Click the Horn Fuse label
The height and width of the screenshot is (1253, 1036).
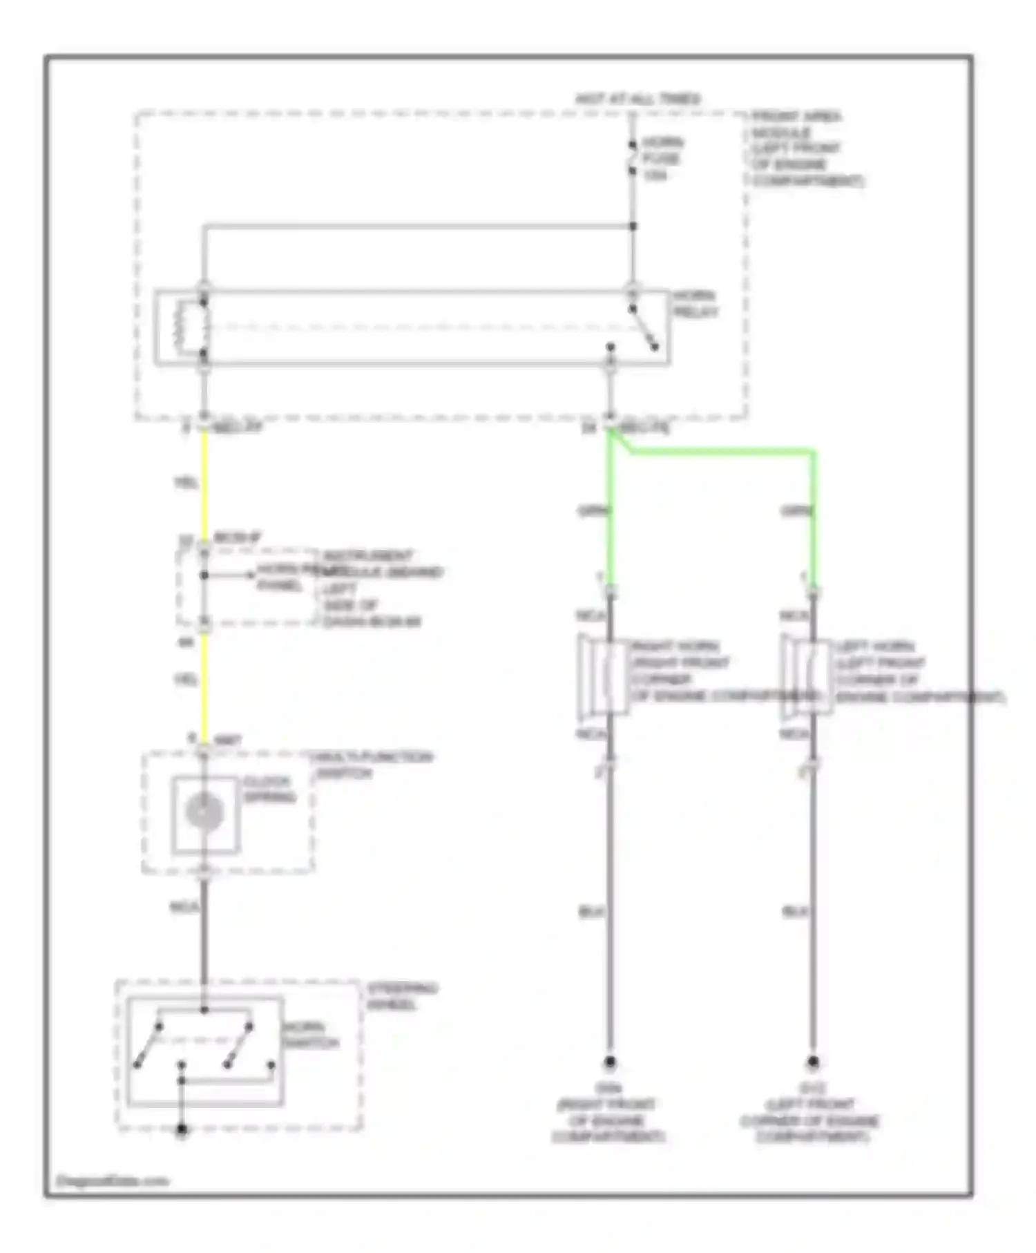(x=662, y=159)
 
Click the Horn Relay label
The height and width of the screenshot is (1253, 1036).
(x=695, y=304)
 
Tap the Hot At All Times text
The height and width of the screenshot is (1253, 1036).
(x=637, y=99)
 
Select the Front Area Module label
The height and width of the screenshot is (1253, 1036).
(x=805, y=149)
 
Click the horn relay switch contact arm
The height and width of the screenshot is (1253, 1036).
(x=644, y=327)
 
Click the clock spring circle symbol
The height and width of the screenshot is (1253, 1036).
(x=204, y=812)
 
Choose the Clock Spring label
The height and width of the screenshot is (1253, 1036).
(x=269, y=790)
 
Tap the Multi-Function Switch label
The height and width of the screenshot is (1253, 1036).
(x=373, y=765)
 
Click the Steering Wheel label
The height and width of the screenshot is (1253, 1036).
(x=402, y=995)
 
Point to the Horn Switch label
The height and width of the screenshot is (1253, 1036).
(x=310, y=1035)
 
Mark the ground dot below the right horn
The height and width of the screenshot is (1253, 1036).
(x=610, y=1062)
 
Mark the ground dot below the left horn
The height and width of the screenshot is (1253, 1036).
(x=813, y=1062)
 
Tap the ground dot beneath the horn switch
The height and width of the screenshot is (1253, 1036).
(x=182, y=1130)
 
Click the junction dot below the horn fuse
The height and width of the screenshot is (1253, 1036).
(x=633, y=226)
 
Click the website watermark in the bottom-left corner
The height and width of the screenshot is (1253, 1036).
(x=112, y=1181)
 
